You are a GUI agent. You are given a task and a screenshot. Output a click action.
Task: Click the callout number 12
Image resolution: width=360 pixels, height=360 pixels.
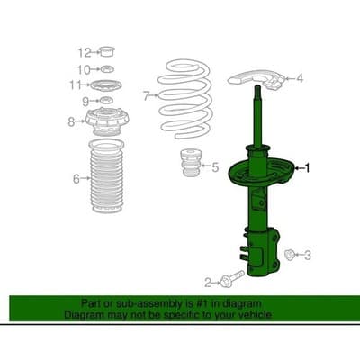click(83, 51)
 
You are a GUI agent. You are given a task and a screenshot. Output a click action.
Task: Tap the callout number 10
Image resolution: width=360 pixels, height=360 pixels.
click(83, 69)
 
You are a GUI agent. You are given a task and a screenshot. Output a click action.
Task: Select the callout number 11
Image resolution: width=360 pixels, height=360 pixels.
click(81, 85)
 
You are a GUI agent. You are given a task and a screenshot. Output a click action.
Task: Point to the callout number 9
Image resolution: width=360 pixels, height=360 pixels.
click(85, 102)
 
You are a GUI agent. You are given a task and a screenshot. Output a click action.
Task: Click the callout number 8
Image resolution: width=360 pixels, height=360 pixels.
click(72, 121)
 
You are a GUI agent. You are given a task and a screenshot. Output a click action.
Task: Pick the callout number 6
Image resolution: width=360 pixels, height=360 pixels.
click(76, 179)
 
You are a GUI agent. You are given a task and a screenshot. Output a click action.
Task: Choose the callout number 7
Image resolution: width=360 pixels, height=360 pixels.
click(146, 94)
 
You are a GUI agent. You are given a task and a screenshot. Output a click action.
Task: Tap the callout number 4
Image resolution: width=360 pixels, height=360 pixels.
click(300, 79)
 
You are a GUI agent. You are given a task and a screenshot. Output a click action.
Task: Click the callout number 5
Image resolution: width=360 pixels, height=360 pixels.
click(213, 166)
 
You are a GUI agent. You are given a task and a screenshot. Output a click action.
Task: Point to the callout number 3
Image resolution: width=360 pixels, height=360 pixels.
click(308, 256)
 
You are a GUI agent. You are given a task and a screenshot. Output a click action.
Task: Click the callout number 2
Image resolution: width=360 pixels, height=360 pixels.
click(207, 281)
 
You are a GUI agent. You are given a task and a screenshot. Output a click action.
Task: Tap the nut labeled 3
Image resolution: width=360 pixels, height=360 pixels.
click(289, 256)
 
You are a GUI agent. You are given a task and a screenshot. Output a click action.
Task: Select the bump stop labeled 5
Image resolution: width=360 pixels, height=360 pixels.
click(191, 168)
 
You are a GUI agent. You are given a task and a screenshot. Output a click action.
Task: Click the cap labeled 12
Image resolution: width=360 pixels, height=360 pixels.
click(105, 50)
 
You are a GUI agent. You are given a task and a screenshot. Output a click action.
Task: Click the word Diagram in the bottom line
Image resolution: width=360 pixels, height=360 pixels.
click(82, 316)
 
